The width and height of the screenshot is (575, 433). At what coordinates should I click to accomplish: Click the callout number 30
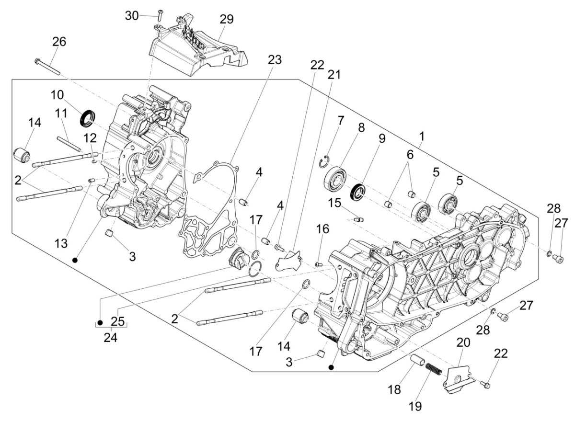pos(131,15)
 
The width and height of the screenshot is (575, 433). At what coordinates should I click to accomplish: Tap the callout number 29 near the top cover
pos(227,19)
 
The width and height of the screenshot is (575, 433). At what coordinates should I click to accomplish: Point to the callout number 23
pos(275,60)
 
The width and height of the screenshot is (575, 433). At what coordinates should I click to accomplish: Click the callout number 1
pos(422,137)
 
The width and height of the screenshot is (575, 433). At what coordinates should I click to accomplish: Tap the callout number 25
pos(117,320)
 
